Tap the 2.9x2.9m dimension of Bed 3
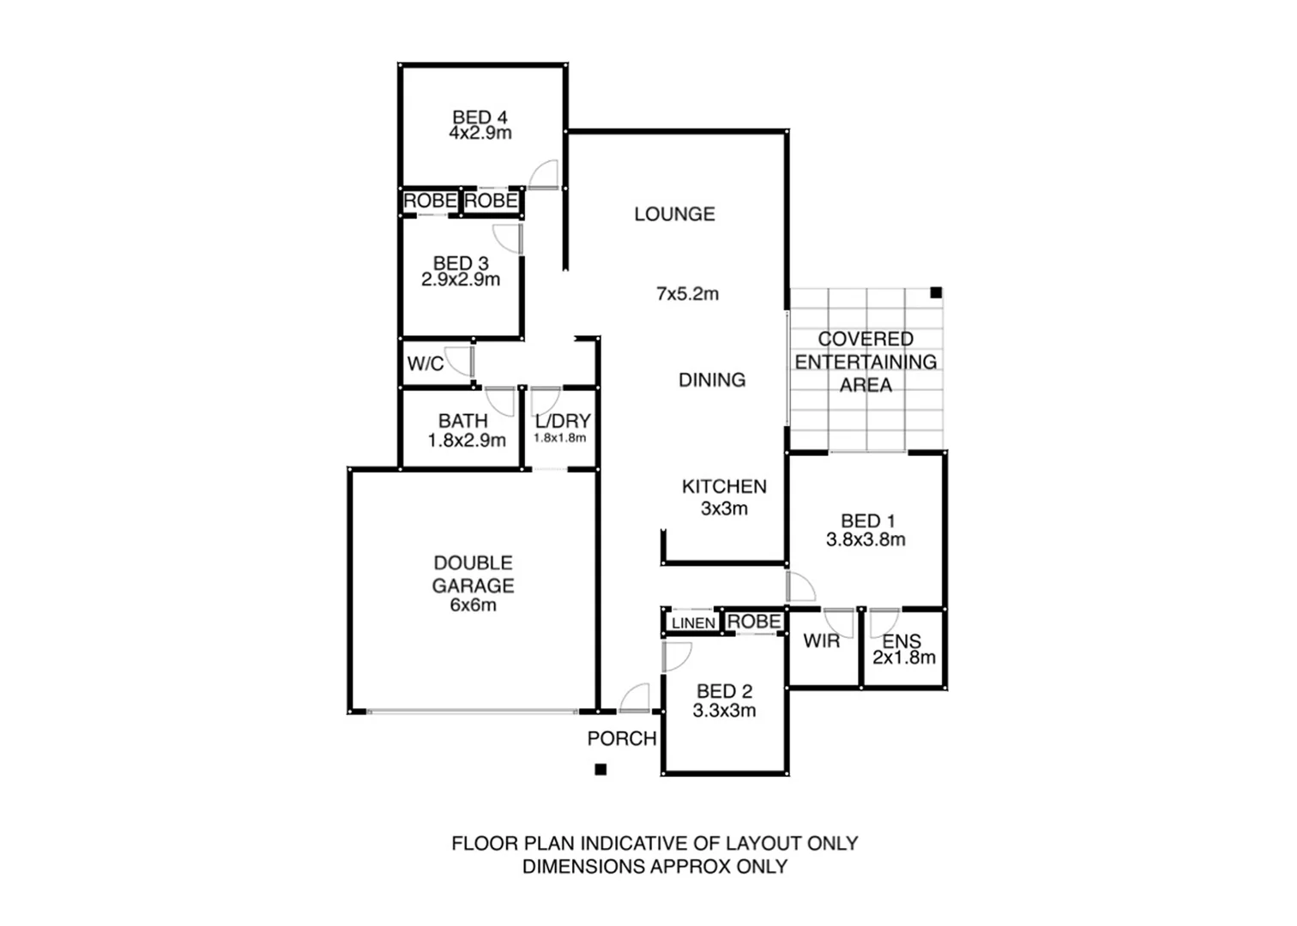pyautogui.click(x=461, y=280)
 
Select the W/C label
pyautogui.click(x=425, y=364)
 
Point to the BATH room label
pyautogui.click(x=462, y=421)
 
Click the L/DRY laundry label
pyautogui.click(x=563, y=421)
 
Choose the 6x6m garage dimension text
pyautogui.click(x=473, y=605)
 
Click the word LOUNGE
pyautogui.click(x=674, y=214)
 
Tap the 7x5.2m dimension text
pyautogui.click(x=687, y=294)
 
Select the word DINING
pyautogui.click(x=712, y=380)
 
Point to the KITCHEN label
pyautogui.click(x=724, y=487)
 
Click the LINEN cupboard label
pyautogui.click(x=693, y=623)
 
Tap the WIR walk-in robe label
pyautogui.click(x=821, y=640)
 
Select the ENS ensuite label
pyautogui.click(x=902, y=640)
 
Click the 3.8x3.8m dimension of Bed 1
pyautogui.click(x=866, y=540)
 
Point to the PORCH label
pyautogui.click(x=622, y=739)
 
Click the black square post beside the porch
pyautogui.click(x=601, y=770)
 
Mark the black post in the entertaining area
pyautogui.click(x=936, y=292)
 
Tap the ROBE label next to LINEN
pyautogui.click(x=754, y=622)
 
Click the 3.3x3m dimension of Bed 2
pyautogui.click(x=725, y=711)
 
